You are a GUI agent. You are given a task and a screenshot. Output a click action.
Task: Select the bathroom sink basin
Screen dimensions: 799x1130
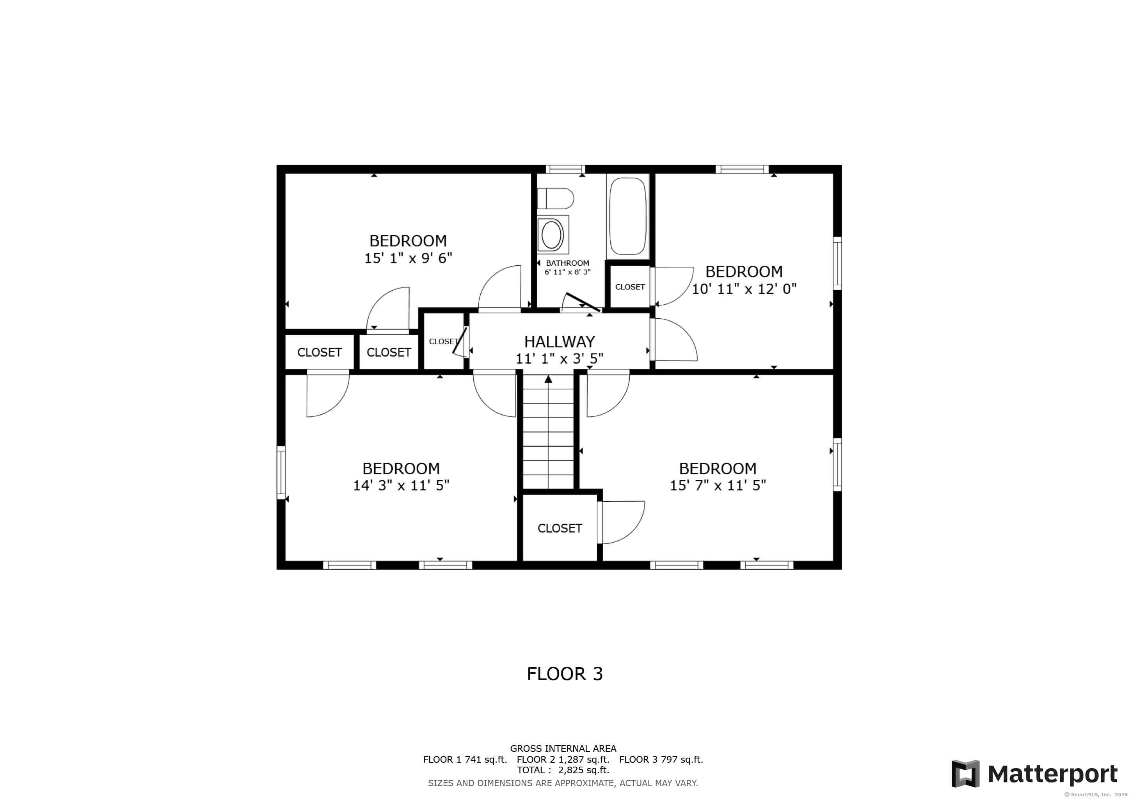click(x=552, y=235)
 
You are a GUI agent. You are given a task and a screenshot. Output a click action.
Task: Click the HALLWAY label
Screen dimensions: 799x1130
click(x=559, y=341)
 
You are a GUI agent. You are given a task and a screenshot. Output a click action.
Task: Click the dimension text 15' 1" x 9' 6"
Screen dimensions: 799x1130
click(x=408, y=258)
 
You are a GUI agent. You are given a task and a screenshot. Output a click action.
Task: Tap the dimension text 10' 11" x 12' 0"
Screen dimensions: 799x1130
click(x=744, y=289)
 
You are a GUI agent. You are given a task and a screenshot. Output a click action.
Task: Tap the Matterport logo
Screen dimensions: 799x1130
click(x=1034, y=774)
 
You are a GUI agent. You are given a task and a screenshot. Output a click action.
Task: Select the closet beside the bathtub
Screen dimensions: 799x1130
click(x=629, y=287)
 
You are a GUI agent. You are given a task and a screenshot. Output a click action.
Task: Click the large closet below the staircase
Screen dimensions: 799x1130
click(x=560, y=528)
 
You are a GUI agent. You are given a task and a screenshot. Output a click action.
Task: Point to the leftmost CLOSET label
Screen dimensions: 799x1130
click(x=320, y=352)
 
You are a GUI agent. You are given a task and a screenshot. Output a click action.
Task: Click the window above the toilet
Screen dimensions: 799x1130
click(x=565, y=170)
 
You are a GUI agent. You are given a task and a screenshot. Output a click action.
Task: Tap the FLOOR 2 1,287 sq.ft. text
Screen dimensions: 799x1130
click(x=563, y=759)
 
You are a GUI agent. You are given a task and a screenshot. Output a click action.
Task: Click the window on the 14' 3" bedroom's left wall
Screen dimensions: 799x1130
click(x=281, y=472)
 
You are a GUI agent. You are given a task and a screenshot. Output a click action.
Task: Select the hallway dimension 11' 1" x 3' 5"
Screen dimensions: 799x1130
click(x=559, y=359)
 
